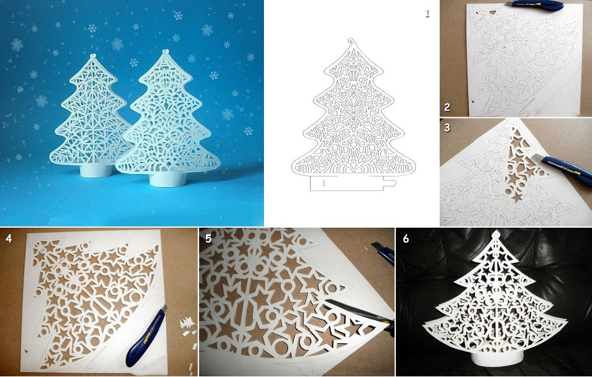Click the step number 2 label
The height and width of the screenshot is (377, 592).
tap(447, 107)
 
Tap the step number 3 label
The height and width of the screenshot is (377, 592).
tap(447, 128)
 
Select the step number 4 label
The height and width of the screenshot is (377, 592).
tap(9, 239)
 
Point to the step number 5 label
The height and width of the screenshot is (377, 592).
tap(208, 238)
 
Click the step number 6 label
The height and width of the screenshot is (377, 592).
tap(406, 239)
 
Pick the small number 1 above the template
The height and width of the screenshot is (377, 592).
tap(427, 14)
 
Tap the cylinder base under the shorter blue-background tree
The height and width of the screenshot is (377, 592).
tap(96, 170)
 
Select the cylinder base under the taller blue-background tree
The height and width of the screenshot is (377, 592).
tap(168, 179)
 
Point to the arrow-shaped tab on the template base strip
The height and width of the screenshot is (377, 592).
tap(390, 183)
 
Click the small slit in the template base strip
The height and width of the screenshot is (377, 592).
tap(324, 184)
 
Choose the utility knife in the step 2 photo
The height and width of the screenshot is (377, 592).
tap(535, 6)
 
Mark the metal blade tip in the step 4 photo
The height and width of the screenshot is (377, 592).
tap(165, 307)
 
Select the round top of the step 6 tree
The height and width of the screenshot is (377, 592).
tap(496, 235)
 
